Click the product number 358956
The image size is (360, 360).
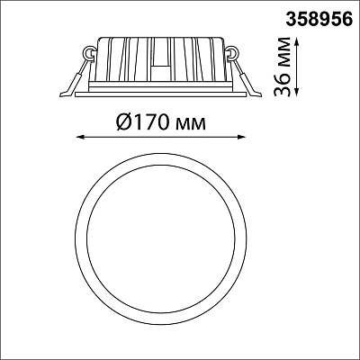(x=319, y=20)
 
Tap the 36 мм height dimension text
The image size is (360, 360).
(x=283, y=67)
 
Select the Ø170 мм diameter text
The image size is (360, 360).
(x=161, y=122)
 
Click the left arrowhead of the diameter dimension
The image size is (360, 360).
(x=80, y=138)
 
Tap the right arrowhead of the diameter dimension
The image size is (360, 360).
(x=242, y=138)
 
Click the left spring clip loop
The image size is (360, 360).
(x=89, y=53)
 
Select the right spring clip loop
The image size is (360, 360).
(x=232, y=53)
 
